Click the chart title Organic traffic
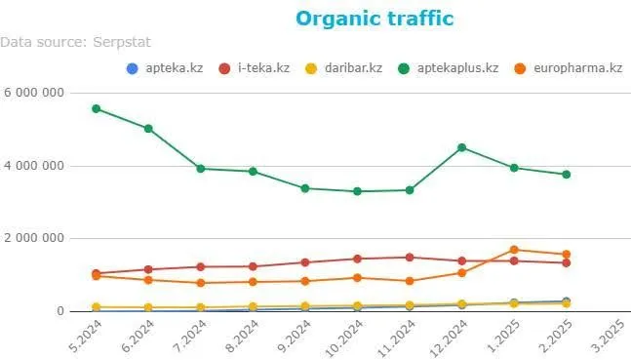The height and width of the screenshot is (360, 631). pyautogui.click(x=375, y=19)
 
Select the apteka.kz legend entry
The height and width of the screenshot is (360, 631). pyautogui.click(x=164, y=68)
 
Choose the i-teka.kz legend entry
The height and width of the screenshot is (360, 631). pyautogui.click(x=255, y=68)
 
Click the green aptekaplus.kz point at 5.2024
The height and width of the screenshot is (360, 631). pyautogui.click(x=96, y=108)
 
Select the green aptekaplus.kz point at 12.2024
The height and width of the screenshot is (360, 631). pyautogui.click(x=461, y=147)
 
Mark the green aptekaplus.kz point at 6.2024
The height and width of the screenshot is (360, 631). pyautogui.click(x=148, y=128)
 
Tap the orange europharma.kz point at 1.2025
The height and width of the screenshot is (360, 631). pyautogui.click(x=514, y=250)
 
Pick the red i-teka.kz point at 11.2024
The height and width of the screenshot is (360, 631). pyautogui.click(x=410, y=258)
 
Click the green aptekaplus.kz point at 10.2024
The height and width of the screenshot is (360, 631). pyautogui.click(x=357, y=191)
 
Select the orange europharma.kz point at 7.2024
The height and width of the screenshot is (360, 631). pyautogui.click(x=200, y=283)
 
